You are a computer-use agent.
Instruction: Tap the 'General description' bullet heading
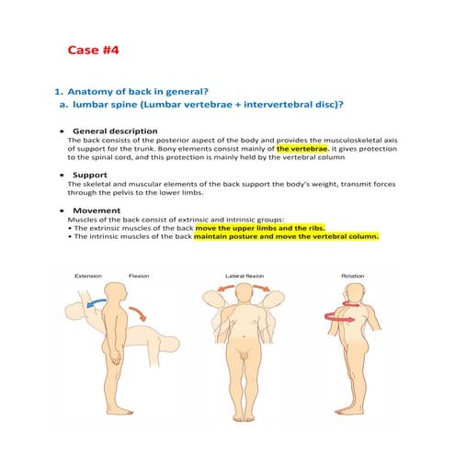(x=115, y=131)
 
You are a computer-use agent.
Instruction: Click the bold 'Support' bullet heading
(x=90, y=174)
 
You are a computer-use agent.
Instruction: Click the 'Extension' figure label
(x=87, y=276)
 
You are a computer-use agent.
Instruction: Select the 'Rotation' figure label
(x=351, y=276)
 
